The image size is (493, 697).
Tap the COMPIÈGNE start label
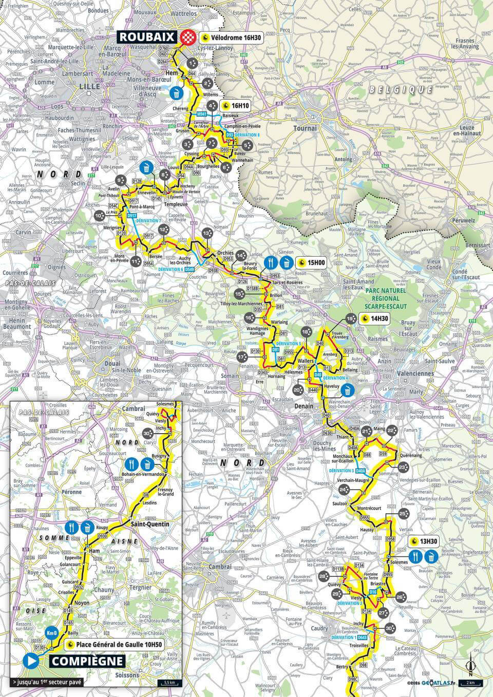click(87, 661)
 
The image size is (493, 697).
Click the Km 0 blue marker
click(51, 632)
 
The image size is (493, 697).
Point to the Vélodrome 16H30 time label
click(232, 37)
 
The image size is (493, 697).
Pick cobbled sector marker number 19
click(351, 319)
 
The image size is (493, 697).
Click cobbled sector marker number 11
click(136, 261)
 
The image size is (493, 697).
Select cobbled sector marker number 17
click(241, 357)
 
